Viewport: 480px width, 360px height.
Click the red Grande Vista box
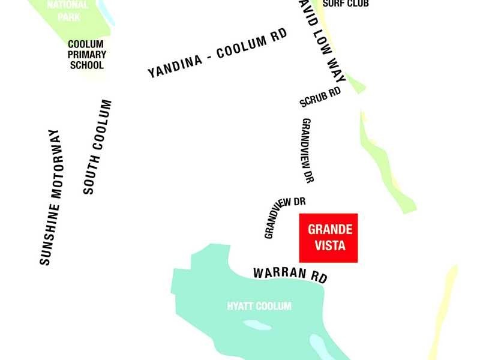328,238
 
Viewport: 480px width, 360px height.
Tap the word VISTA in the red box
329,245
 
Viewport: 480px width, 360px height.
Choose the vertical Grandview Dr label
307,150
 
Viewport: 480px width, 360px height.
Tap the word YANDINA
173,66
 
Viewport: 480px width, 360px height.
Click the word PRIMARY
87,55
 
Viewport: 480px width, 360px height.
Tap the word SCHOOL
87,65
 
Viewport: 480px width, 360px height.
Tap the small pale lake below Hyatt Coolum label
256,326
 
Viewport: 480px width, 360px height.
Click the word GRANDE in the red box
329,230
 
